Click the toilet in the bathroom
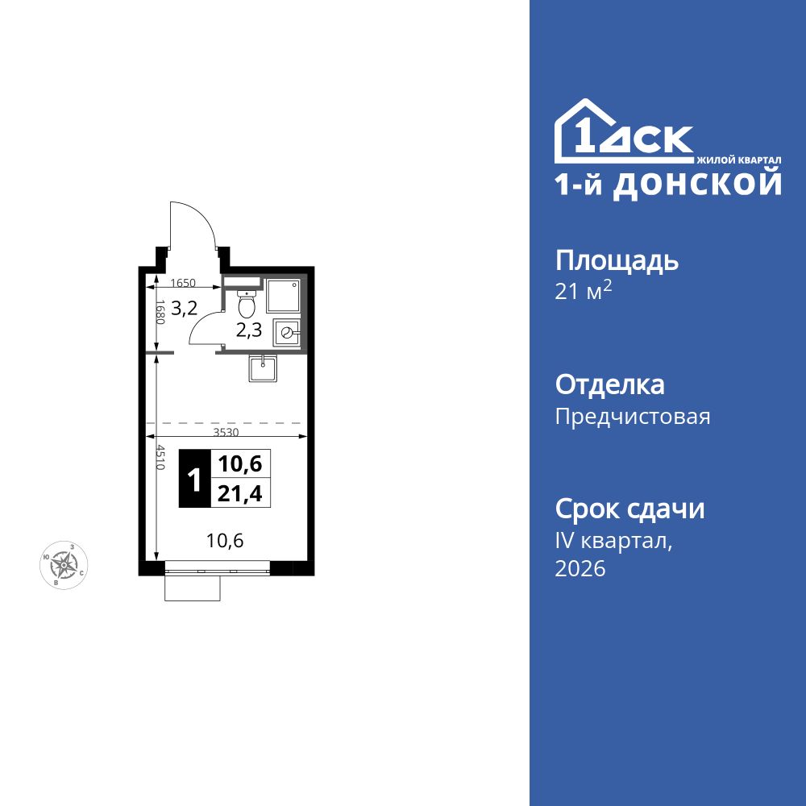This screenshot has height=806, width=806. pyautogui.click(x=247, y=305)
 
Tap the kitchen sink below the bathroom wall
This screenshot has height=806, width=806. pyautogui.click(x=264, y=368)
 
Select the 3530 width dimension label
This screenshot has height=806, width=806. pyautogui.click(x=226, y=432)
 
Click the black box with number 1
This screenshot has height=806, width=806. pyautogui.click(x=194, y=478)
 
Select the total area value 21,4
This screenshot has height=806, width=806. pyautogui.click(x=240, y=493)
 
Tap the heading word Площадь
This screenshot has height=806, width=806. pyautogui.click(x=617, y=260)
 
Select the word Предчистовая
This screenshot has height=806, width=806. pyautogui.click(x=633, y=417)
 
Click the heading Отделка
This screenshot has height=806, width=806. pyautogui.click(x=610, y=384)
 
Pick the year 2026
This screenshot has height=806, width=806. pyautogui.click(x=580, y=569)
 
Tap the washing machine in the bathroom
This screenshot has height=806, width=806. pyautogui.click(x=287, y=331)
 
